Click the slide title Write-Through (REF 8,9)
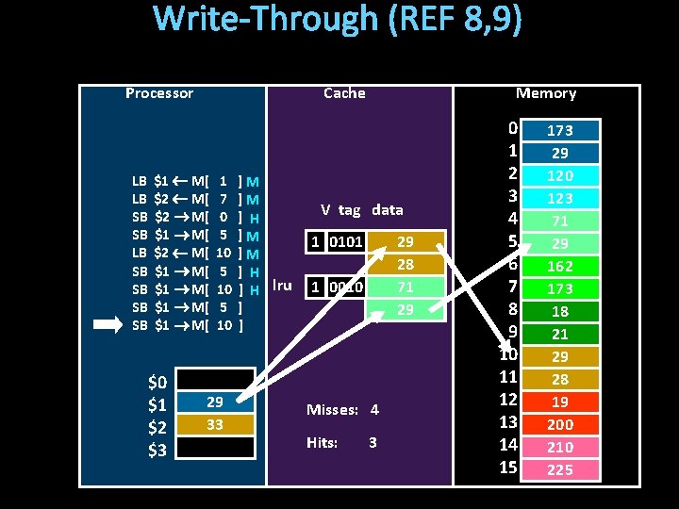(x=338, y=20)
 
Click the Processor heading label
(x=159, y=93)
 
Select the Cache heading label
(x=344, y=93)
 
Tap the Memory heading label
(x=545, y=93)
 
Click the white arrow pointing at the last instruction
(x=108, y=325)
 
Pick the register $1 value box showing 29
(x=215, y=402)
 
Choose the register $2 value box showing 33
(x=215, y=425)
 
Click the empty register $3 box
(x=215, y=448)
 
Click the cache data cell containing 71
(x=406, y=287)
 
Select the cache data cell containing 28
(x=406, y=265)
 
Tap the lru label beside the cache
(x=281, y=285)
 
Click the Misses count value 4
(x=374, y=410)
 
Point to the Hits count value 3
(x=373, y=443)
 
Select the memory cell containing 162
(x=561, y=267)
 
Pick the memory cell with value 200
(x=561, y=425)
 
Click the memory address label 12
(x=509, y=401)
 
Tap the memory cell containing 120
(x=561, y=176)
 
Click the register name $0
(x=157, y=383)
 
